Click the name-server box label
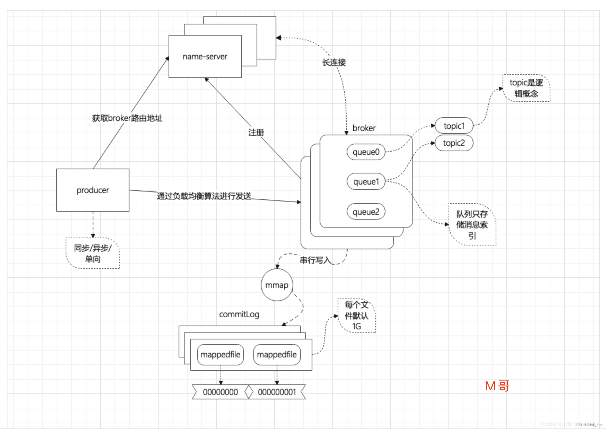coord(205,56)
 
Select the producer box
coord(93,190)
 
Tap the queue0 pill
coord(366,152)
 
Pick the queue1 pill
coord(366,182)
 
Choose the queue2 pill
coord(366,212)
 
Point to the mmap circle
coord(276,285)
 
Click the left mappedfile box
coord(220,354)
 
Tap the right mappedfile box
coord(276,354)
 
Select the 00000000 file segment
coord(220,392)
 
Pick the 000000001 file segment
coord(276,392)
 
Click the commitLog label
coord(239,314)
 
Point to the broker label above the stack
coord(364,128)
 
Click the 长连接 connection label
coord(334,63)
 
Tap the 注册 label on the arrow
coord(256,132)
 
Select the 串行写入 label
coord(315,260)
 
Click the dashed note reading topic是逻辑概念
coord(526,88)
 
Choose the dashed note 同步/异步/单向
coord(93,253)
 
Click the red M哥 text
coord(497,386)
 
